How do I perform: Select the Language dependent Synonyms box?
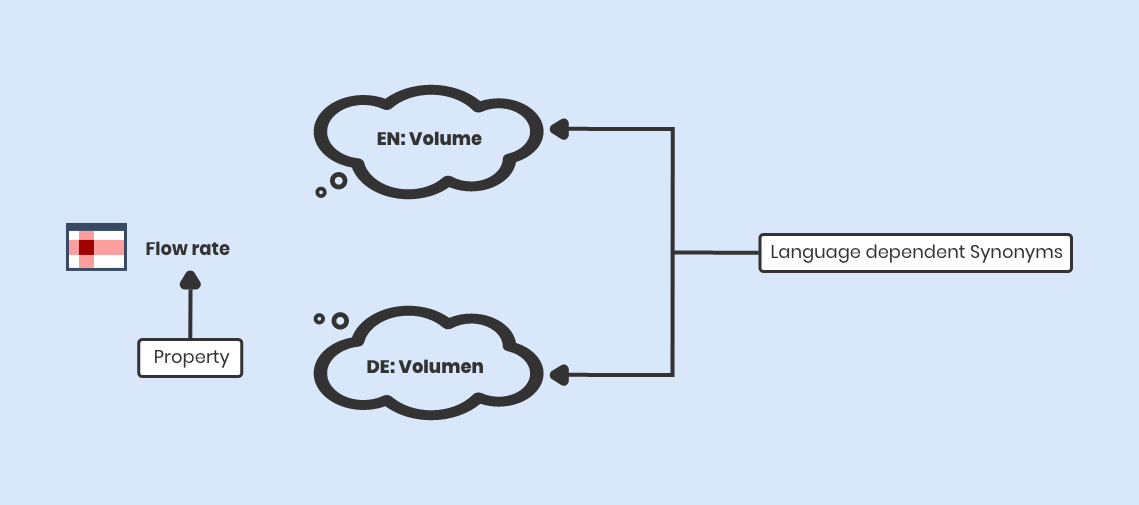(x=915, y=253)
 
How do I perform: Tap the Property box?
(x=190, y=357)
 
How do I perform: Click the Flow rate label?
(x=187, y=249)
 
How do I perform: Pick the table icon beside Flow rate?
(x=96, y=247)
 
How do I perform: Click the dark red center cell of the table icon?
(x=86, y=247)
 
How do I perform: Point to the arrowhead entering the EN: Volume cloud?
(x=559, y=129)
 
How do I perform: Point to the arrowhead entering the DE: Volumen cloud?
(x=559, y=376)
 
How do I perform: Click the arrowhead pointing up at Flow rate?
(x=189, y=281)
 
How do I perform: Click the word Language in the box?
(x=814, y=253)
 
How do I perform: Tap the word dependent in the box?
(x=914, y=253)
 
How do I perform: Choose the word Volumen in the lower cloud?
(x=441, y=367)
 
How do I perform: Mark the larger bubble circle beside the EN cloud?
(x=339, y=181)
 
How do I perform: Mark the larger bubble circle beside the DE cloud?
(x=340, y=321)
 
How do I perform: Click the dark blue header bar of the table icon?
(x=96, y=227)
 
